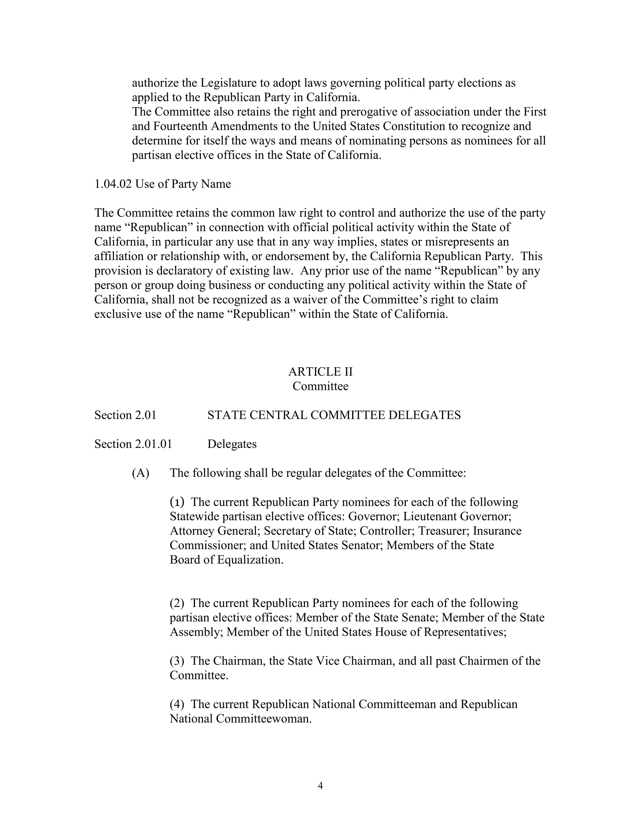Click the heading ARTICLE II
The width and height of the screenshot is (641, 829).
click(x=320, y=372)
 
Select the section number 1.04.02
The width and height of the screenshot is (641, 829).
click(x=113, y=184)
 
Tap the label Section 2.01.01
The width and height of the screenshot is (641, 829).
click(x=133, y=444)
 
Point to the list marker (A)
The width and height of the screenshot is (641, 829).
click(x=141, y=473)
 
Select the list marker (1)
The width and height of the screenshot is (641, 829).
click(x=177, y=502)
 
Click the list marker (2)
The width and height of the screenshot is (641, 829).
click(x=177, y=603)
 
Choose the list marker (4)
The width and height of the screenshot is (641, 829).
click(x=177, y=704)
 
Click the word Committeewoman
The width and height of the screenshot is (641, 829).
click(x=264, y=719)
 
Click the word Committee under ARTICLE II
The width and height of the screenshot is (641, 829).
click(x=320, y=386)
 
